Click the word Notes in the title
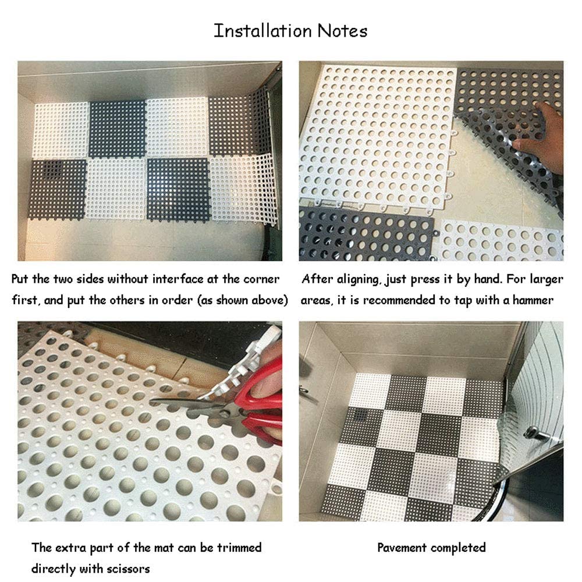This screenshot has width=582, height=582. (x=342, y=31)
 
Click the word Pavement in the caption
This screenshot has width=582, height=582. (x=403, y=548)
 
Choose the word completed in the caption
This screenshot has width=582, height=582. (x=458, y=548)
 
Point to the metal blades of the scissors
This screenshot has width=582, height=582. (x=186, y=403)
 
